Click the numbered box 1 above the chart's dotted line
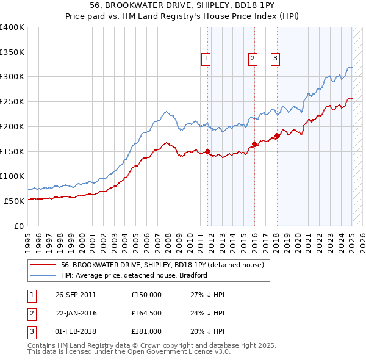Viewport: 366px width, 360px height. [206, 59]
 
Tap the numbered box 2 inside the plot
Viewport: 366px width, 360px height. [252, 59]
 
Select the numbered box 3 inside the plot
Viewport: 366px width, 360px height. [275, 59]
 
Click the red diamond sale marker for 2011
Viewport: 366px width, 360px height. [207, 151]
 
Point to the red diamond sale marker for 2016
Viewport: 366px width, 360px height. [254, 144]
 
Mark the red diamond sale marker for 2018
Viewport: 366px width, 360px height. [276, 135]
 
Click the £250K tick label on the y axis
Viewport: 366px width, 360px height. [13, 102]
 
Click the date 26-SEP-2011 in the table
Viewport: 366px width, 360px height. [76, 295]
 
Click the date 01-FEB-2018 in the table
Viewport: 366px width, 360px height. [76, 331]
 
